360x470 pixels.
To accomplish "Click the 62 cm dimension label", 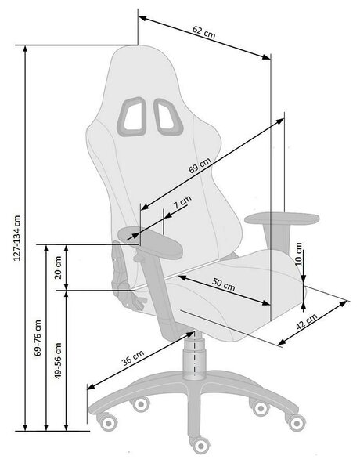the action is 203,32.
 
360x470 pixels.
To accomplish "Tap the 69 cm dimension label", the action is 200,165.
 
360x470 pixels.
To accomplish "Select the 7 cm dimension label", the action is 182,202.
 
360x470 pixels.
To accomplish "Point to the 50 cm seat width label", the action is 223,284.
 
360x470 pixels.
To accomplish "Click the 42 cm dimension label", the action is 306,321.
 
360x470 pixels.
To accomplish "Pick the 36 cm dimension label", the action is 133,358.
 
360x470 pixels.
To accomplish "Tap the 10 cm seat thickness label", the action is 299,254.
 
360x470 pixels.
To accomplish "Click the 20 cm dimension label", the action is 58,267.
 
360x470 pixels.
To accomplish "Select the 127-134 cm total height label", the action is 17,238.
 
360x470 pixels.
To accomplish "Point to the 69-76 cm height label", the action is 38,338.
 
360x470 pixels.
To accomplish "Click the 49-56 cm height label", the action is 58,360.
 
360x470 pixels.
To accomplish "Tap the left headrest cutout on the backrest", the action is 131,117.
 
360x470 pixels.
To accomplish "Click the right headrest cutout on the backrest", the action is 168,117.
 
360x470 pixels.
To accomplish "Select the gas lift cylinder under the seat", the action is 195,356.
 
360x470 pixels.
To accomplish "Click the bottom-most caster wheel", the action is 200,446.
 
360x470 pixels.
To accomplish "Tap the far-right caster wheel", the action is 296,422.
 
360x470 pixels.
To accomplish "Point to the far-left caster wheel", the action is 107,422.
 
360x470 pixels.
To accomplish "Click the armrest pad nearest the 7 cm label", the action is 150,242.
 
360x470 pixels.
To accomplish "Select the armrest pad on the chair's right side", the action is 282,218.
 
